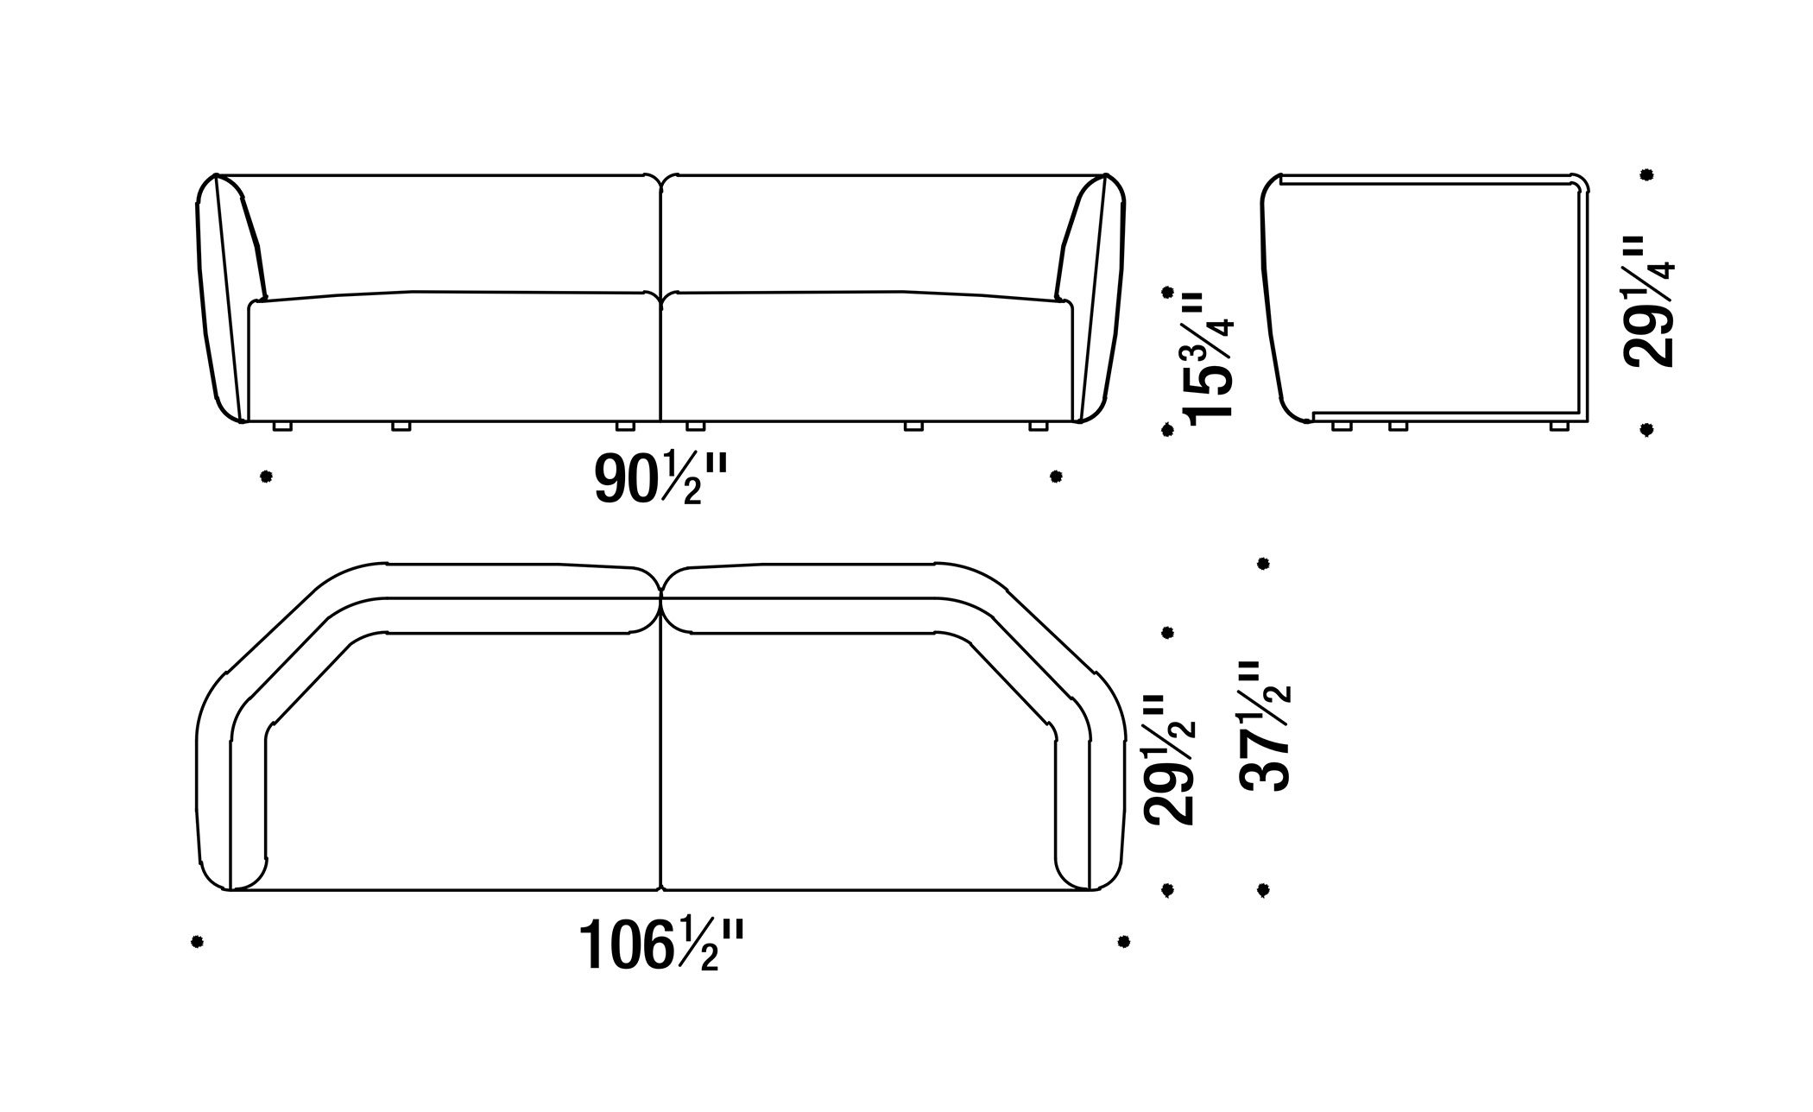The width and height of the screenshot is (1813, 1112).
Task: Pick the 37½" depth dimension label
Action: [x=1265, y=725]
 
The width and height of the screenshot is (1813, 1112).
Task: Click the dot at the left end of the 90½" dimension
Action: [x=266, y=477]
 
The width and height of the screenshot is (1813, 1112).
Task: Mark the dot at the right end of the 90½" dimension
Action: [x=1055, y=476]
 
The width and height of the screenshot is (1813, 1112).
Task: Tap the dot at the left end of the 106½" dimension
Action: [x=197, y=941]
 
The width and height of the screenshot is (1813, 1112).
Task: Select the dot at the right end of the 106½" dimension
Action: [x=1123, y=941]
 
